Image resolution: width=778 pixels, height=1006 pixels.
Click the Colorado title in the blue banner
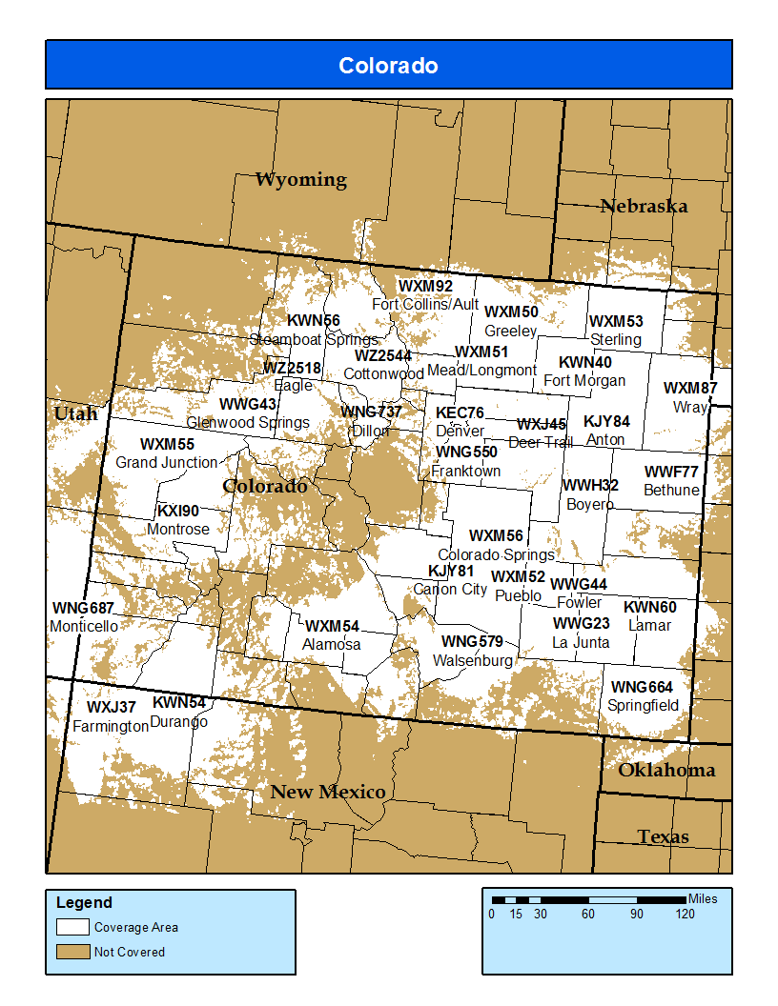[x=388, y=66]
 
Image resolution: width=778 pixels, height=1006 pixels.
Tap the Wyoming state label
[x=300, y=179]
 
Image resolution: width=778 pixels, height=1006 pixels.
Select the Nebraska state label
[x=644, y=206]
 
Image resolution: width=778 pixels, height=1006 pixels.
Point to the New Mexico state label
[x=328, y=792]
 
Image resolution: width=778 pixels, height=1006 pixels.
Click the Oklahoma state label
[x=666, y=770]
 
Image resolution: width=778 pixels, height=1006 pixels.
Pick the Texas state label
[x=663, y=836]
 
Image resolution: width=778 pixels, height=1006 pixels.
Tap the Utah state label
[x=75, y=413]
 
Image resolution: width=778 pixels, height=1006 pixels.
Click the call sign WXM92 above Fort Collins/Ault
[x=425, y=286]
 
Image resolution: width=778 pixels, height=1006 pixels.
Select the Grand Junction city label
[x=167, y=462]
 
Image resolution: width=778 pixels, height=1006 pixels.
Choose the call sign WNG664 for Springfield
[x=642, y=687]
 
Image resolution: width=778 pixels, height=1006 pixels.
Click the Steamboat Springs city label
[x=314, y=339]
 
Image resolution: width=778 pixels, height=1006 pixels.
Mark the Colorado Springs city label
[x=496, y=554]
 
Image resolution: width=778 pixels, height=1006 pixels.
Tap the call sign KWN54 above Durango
[x=178, y=703]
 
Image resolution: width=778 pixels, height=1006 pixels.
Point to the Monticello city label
[x=84, y=626]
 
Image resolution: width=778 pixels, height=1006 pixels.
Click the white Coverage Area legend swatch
[x=72, y=927]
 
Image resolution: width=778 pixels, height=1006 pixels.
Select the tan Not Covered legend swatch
[x=72, y=952]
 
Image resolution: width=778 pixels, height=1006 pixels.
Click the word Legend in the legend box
[x=84, y=902]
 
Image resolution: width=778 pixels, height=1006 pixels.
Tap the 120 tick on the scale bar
[x=685, y=915]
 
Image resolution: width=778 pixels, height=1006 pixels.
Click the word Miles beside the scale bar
[x=703, y=898]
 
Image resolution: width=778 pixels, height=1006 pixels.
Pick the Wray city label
[x=690, y=407]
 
